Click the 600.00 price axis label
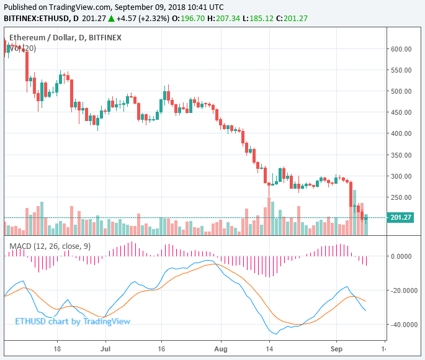coord(402,49)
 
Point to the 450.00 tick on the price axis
coord(402,112)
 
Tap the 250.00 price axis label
coord(402,197)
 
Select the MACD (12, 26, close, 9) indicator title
coord(50,246)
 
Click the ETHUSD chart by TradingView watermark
coord(73,322)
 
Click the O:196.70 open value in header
coord(190,19)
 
